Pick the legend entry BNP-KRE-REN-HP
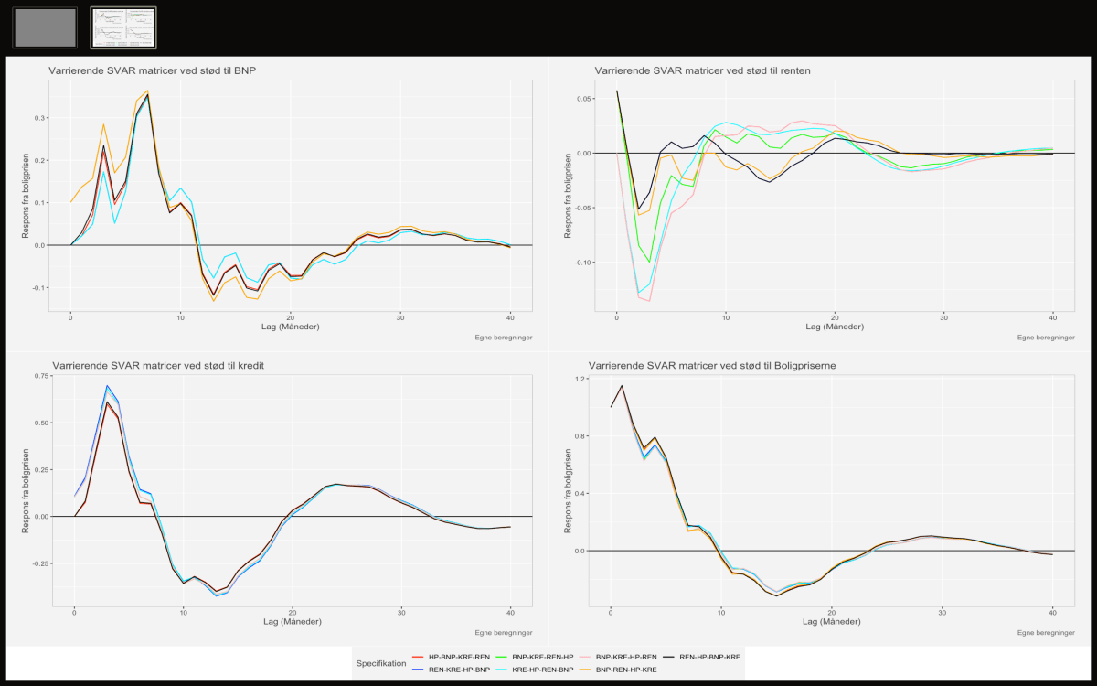point(543,658)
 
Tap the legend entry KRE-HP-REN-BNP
point(543,670)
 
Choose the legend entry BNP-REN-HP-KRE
point(626,670)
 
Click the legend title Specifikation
point(382,663)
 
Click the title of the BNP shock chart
point(153,70)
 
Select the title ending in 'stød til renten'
point(702,70)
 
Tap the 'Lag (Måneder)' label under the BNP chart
point(290,327)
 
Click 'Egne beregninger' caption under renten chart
point(1045,338)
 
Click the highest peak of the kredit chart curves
point(107,386)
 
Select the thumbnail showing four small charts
point(123,27)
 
